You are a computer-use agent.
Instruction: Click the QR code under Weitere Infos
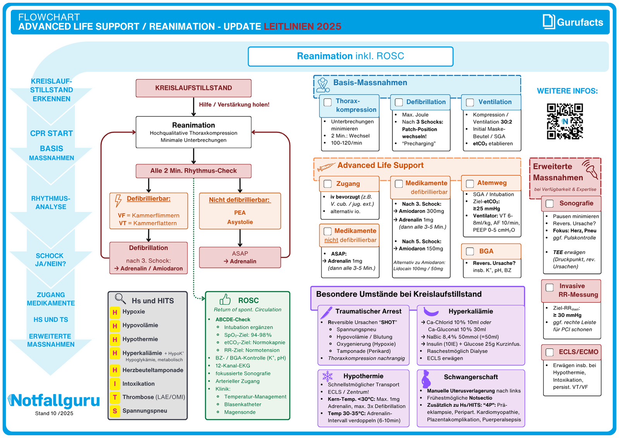[564, 121]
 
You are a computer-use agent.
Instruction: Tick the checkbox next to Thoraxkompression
[328, 102]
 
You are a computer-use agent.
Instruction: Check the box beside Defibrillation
[398, 102]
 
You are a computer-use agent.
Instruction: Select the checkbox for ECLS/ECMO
[549, 352]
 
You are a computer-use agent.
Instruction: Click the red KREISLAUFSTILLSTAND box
[193, 88]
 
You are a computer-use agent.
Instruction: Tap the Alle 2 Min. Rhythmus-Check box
[193, 171]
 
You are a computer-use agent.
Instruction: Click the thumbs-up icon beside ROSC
[225, 299]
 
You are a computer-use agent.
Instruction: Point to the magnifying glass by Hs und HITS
[120, 299]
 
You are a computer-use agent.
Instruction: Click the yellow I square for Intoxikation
[115, 384]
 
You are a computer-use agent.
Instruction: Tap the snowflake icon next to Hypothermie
[328, 376]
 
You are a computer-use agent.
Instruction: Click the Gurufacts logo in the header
[573, 22]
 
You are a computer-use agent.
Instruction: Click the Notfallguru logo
[54, 400]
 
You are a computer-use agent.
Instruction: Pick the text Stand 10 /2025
[54, 413]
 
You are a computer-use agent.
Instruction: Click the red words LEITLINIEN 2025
[302, 26]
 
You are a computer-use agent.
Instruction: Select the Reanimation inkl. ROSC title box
[350, 56]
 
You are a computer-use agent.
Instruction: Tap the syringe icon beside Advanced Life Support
[325, 167]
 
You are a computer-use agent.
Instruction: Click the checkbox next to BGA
[470, 251]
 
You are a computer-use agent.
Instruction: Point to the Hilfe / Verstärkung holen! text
[234, 105]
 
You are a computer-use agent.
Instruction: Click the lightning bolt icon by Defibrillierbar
[118, 200]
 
